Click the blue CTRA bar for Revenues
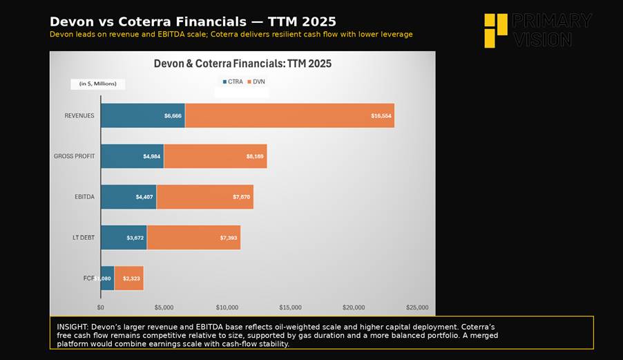(142, 115)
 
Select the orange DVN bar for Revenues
(289, 115)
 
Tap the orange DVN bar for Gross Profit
(215, 156)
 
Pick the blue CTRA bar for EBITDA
(128, 197)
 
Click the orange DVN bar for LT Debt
(193, 238)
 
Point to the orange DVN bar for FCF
(129, 278)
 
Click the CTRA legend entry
(232, 82)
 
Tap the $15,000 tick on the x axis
(290, 307)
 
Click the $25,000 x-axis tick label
(417, 307)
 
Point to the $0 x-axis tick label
(101, 307)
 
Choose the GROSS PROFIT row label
(74, 156)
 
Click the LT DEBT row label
(83, 238)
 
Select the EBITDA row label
(84, 197)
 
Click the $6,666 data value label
(173, 115)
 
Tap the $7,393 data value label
(229, 238)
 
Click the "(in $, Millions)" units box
(97, 84)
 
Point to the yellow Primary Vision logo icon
(495, 30)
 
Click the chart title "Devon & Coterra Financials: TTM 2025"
(242, 64)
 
